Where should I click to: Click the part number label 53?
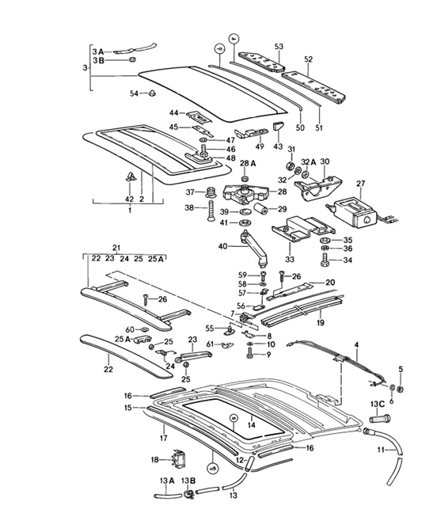pyautogui.click(x=279, y=47)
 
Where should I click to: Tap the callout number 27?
pyautogui.click(x=360, y=184)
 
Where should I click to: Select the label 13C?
pyautogui.click(x=378, y=405)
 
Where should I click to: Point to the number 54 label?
pyautogui.click(x=135, y=93)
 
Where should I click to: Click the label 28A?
pyautogui.click(x=249, y=164)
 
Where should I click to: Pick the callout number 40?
pyautogui.click(x=222, y=246)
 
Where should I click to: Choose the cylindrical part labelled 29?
pyautogui.click(x=261, y=209)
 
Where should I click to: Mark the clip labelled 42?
pyautogui.click(x=130, y=176)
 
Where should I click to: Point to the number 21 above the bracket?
pyautogui.click(x=116, y=248)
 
